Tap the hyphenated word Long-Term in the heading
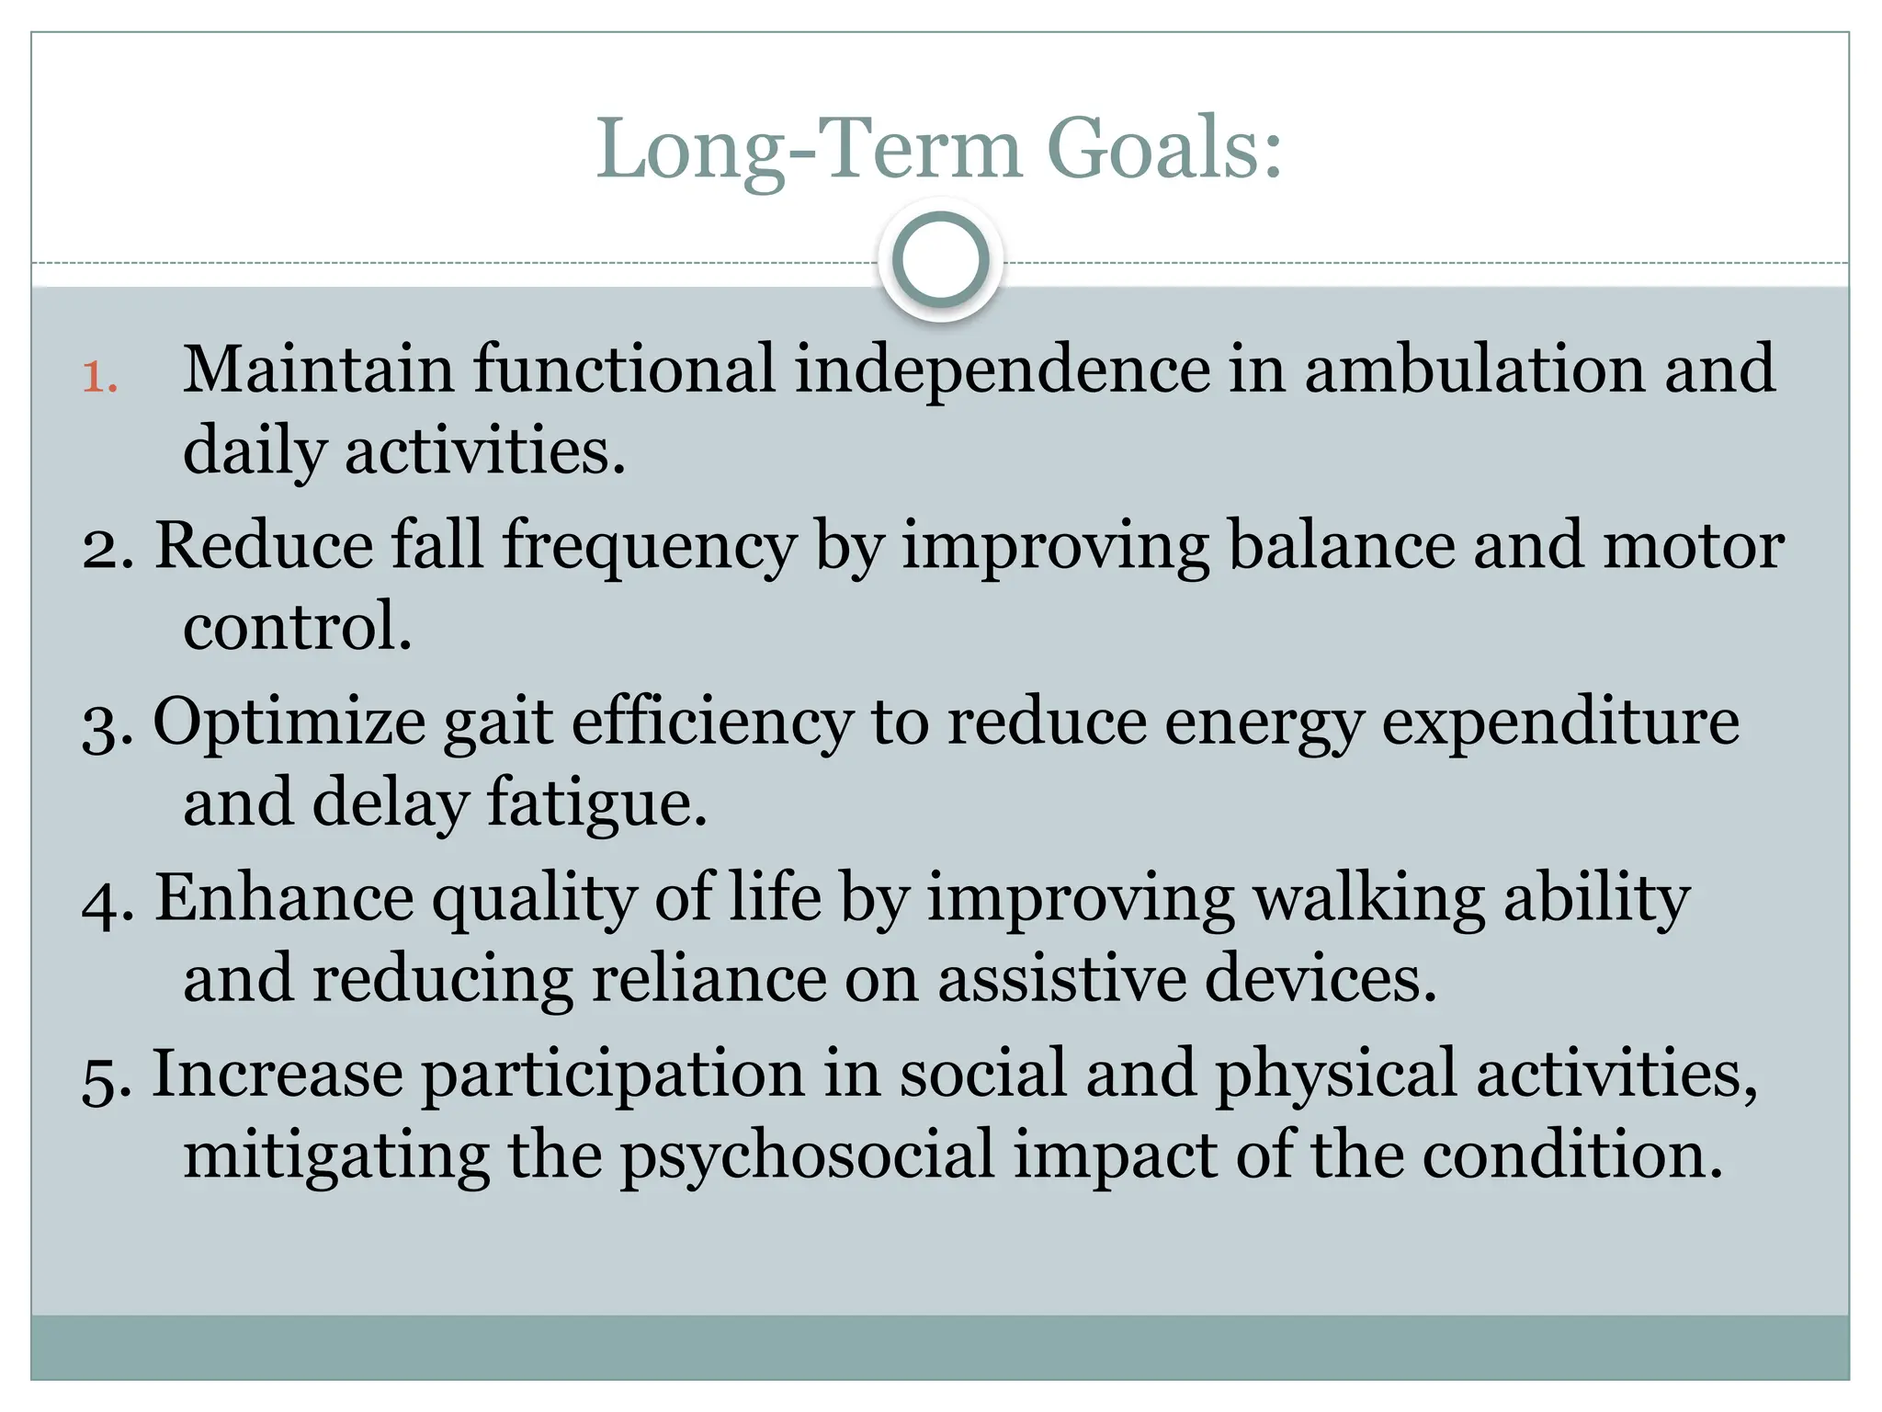point(809,149)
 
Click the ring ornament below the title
point(940,261)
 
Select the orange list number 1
point(99,378)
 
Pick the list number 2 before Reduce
point(107,548)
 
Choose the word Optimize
point(289,723)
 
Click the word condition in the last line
point(1571,1156)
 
